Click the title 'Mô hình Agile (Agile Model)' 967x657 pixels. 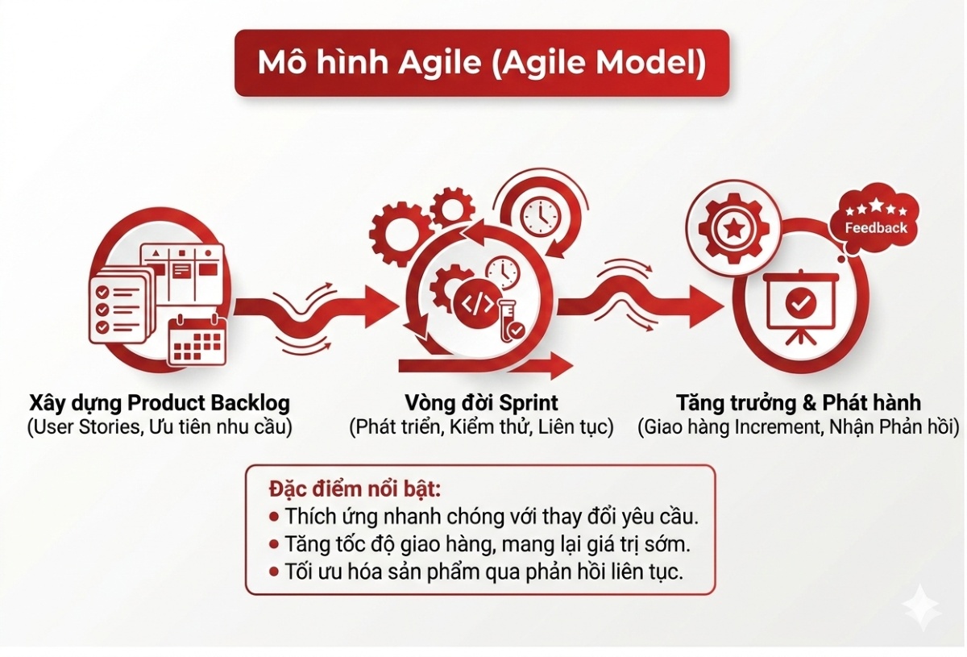481,64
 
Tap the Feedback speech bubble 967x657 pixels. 875,219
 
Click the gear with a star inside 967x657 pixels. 733,228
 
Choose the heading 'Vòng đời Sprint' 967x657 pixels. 482,402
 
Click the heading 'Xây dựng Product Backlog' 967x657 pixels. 160,402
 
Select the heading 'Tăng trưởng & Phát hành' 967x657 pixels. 799,402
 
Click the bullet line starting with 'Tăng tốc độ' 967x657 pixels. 479,544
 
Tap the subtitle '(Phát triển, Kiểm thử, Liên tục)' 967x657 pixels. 481,427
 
